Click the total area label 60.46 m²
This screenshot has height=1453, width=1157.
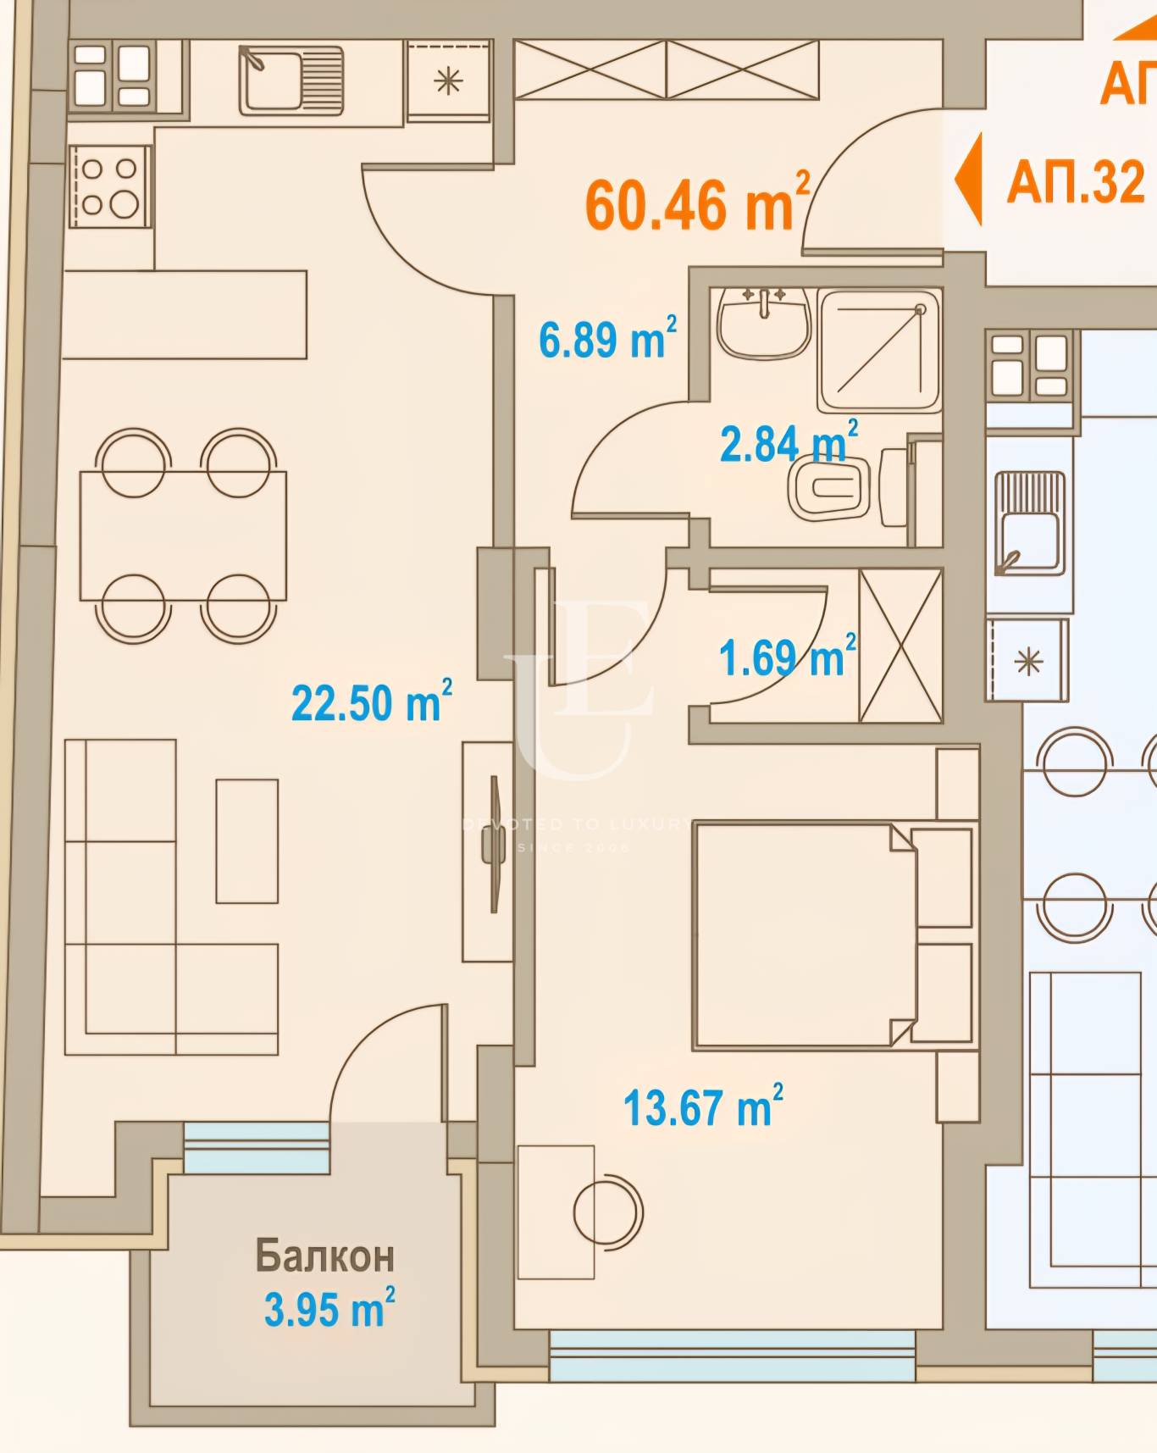[x=696, y=203]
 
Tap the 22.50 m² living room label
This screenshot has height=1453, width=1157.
[x=370, y=702]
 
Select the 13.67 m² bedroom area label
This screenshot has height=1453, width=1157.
[x=701, y=1107]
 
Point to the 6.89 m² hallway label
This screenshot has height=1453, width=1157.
[x=606, y=339]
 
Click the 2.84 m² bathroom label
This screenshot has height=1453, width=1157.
[x=787, y=442]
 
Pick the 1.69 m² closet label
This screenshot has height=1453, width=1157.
[x=786, y=657]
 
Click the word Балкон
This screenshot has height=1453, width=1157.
[x=324, y=1256]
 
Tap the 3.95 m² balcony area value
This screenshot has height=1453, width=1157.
[x=329, y=1309]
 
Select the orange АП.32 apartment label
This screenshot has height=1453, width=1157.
[x=1076, y=181]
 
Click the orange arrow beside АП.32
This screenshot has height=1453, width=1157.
[x=968, y=179]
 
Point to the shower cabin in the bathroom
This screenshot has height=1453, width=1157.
[x=879, y=351]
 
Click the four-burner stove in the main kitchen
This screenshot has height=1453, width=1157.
[x=111, y=186]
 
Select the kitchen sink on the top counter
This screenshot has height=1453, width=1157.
[x=291, y=79]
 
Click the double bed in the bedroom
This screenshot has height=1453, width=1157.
[x=805, y=935]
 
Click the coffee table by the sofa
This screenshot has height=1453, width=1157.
[x=246, y=841]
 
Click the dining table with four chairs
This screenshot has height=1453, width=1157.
[x=183, y=535]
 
